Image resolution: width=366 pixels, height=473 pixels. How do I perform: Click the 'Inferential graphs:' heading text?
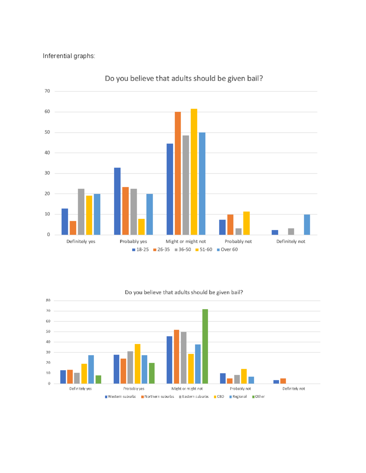69,56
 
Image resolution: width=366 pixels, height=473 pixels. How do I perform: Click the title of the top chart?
184,79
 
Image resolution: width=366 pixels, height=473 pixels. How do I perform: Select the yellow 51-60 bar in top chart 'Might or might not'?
194,172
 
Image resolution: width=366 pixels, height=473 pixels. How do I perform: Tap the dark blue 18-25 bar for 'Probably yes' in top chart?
117,201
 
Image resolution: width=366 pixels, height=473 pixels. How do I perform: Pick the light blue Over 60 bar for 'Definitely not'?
307,225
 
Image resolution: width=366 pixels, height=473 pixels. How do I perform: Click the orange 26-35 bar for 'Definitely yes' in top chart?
73,228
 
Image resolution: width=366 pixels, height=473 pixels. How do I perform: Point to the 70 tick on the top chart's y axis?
47,91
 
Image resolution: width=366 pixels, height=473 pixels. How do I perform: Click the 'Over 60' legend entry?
227,249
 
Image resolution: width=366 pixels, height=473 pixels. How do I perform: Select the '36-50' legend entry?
183,249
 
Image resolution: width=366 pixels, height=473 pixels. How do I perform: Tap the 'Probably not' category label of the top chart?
238,242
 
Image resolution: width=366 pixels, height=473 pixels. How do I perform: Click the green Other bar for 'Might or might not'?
205,346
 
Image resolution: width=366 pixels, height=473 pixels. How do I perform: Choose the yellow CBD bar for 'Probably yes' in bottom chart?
138,364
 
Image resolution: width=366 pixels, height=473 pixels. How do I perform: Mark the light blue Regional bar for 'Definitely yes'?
91,369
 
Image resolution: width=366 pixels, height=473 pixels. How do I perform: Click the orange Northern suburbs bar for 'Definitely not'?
283,381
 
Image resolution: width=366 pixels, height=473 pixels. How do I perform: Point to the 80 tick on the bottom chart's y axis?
48,300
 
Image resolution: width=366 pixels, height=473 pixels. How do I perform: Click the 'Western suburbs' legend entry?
120,397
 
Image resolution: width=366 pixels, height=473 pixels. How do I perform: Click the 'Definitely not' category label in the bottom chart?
293,389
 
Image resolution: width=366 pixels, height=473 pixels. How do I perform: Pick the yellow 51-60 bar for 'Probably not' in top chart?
246,223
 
